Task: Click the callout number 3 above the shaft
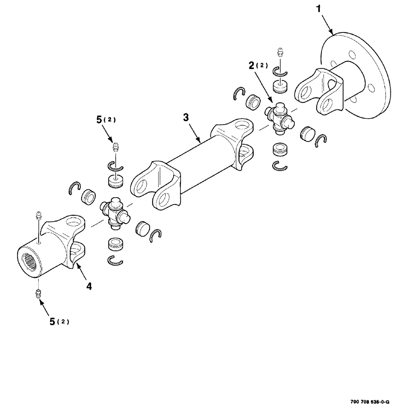186,118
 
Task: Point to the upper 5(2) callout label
105,120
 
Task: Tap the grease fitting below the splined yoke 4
38,294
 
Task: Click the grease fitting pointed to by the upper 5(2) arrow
116,146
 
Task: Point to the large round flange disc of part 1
369,74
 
